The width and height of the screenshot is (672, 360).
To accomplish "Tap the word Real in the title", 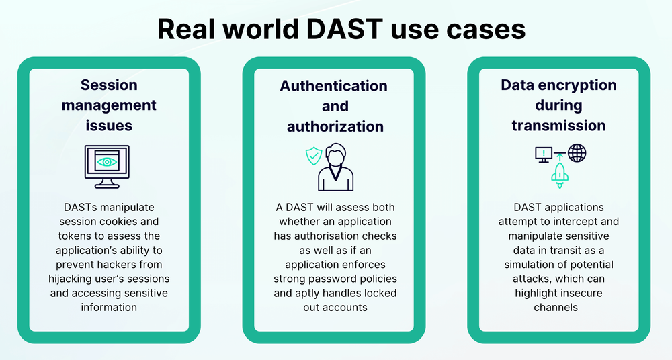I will click(181, 29).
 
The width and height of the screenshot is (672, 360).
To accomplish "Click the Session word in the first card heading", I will click(109, 85).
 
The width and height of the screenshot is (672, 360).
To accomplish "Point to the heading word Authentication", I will click(334, 85).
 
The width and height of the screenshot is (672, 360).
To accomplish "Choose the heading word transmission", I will click(558, 126).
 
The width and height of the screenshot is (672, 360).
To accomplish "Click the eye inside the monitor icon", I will click(106, 161).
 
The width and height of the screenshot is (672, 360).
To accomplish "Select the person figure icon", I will click(335, 168).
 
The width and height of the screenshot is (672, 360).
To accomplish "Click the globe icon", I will click(577, 153).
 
